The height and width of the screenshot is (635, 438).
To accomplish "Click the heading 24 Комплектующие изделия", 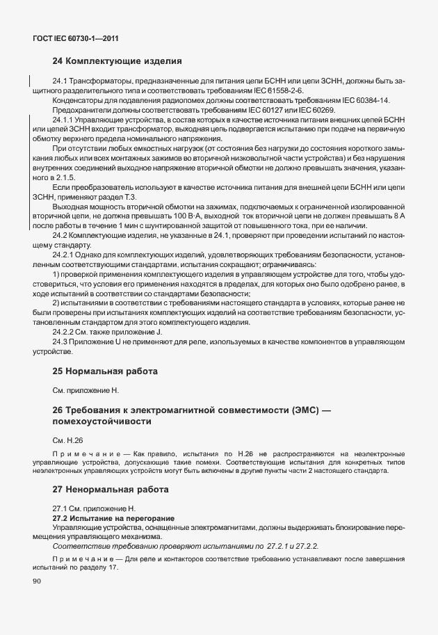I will point(117,61).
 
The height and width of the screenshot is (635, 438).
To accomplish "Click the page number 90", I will point(37,582).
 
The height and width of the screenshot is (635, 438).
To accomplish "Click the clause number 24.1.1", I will point(65,120).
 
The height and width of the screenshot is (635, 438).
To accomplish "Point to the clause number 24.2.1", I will point(65,256).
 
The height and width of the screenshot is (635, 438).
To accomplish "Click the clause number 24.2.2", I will point(65,332).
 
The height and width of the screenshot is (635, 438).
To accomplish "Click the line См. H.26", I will point(67,440).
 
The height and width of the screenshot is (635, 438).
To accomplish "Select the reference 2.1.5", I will point(60,177).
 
